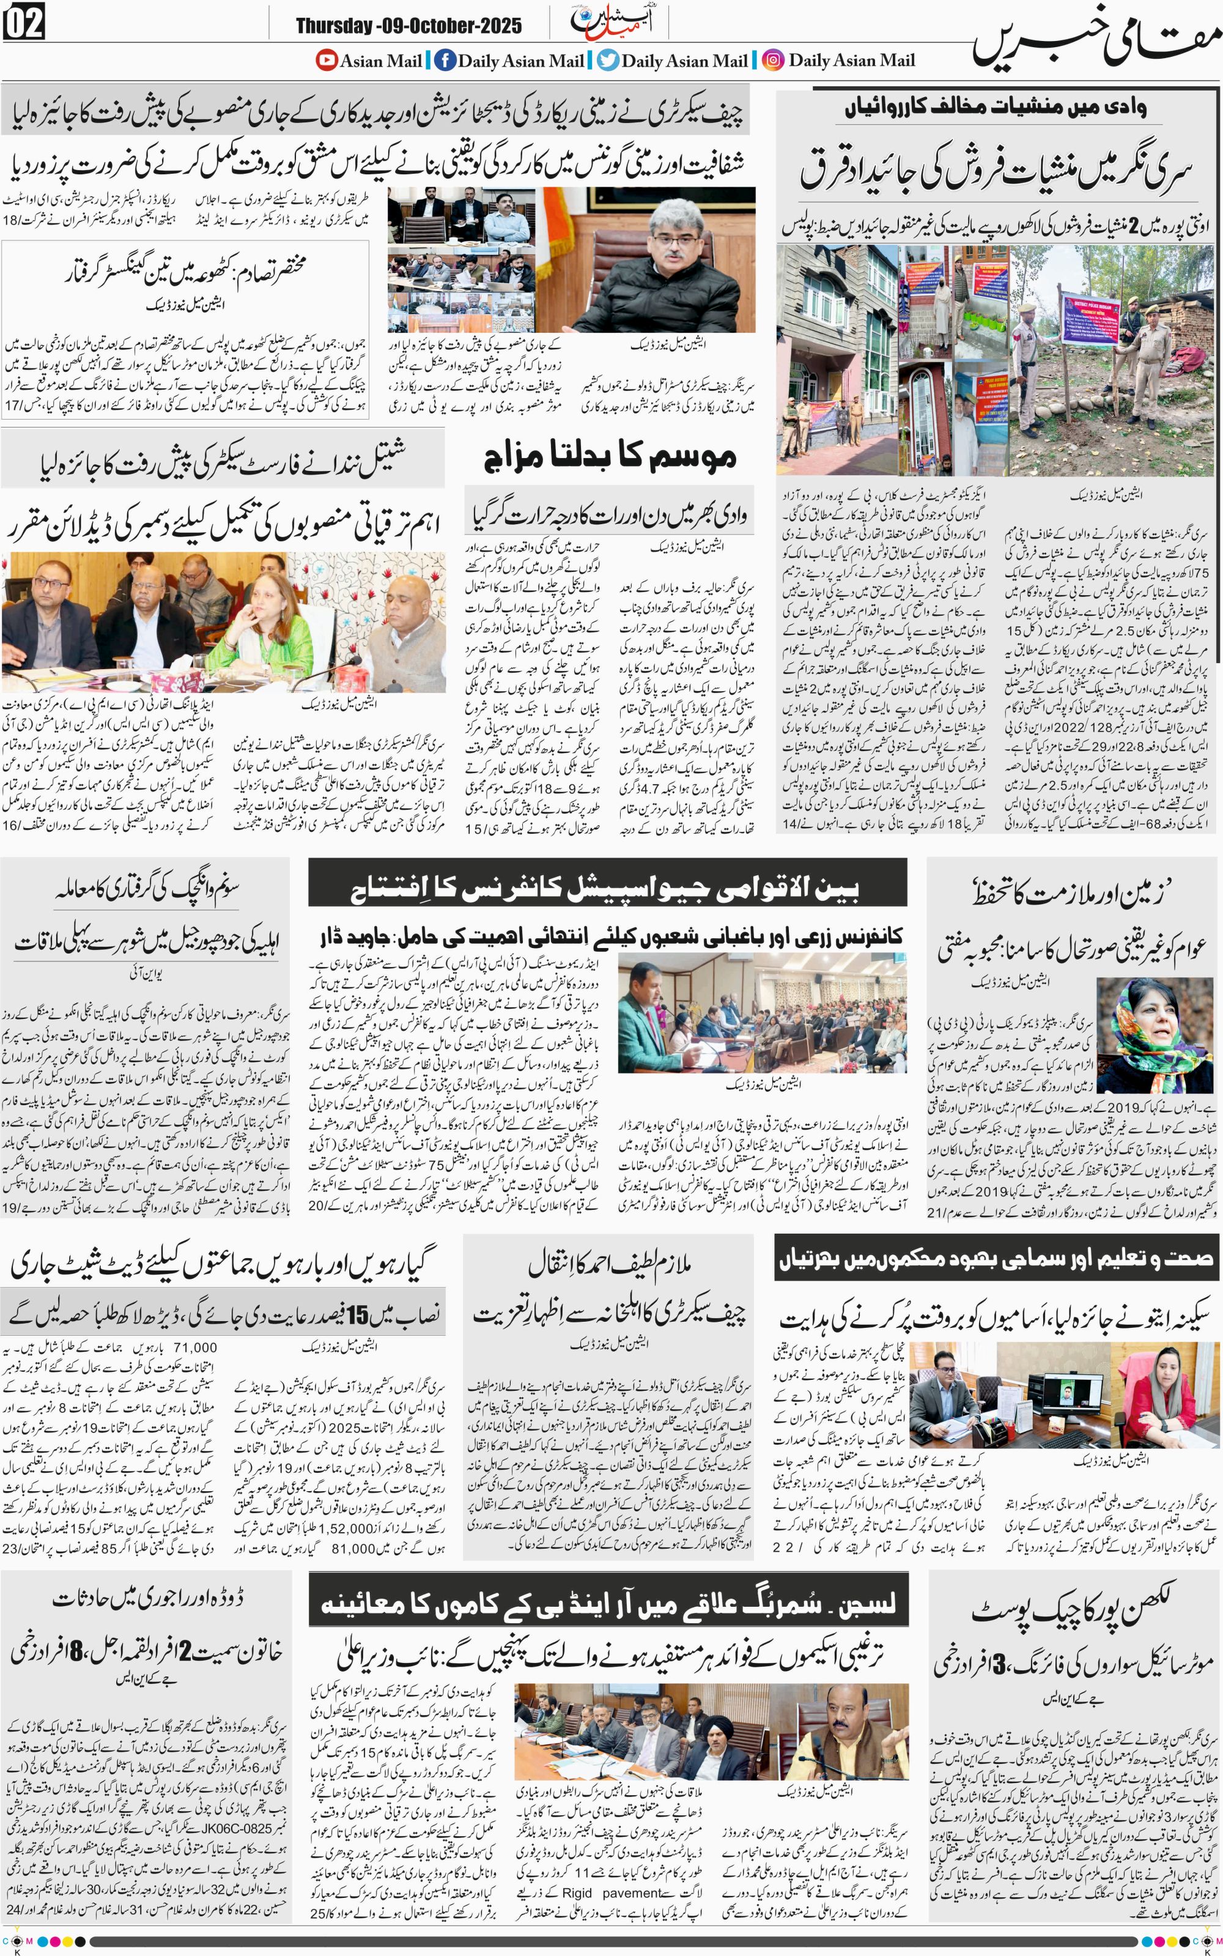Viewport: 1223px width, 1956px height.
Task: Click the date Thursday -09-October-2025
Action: click(408, 26)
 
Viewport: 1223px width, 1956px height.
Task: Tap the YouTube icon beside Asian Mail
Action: click(327, 60)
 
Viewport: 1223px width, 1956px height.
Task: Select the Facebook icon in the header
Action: click(444, 60)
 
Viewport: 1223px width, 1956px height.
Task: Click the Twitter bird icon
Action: click(608, 60)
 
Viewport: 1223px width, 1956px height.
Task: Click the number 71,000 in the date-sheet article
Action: click(195, 1347)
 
